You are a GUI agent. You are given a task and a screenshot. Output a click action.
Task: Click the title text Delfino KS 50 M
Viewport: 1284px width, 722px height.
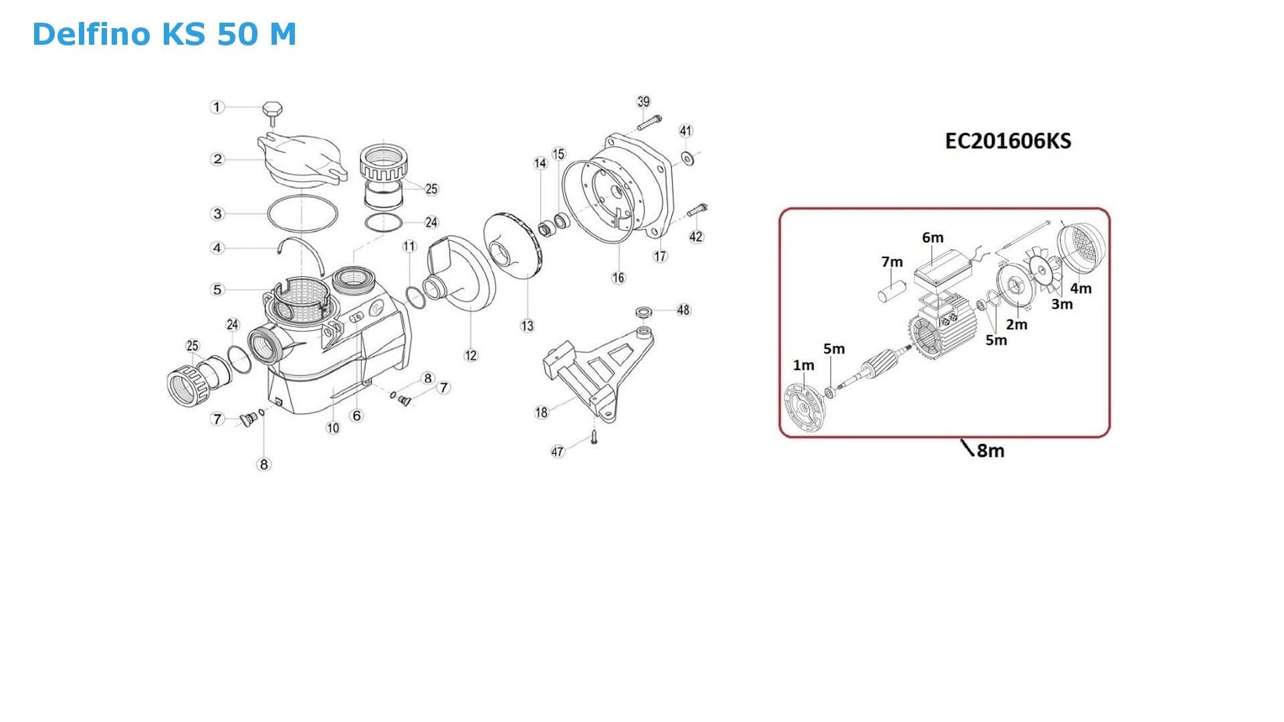164,34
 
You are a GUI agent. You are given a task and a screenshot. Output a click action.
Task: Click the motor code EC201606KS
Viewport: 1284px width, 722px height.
1008,141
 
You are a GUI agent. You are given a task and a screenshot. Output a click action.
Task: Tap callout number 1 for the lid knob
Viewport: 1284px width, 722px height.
216,107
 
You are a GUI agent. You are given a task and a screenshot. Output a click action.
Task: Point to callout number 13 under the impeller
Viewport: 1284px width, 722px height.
527,326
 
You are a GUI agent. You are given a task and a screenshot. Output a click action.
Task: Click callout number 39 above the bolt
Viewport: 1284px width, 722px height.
643,102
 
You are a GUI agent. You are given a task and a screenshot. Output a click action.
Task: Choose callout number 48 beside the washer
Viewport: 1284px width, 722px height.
683,310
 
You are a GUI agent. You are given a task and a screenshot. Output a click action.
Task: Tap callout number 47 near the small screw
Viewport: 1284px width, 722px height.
557,452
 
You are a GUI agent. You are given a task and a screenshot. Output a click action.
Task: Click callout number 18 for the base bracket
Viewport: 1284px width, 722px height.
541,412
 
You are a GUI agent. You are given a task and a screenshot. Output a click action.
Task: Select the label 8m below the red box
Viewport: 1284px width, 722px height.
990,451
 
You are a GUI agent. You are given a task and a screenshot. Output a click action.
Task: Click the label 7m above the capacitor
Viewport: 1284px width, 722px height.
891,262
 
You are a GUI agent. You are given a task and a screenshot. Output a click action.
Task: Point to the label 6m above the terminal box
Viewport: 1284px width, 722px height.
932,237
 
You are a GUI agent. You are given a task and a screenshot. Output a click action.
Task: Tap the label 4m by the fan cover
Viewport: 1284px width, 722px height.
1081,288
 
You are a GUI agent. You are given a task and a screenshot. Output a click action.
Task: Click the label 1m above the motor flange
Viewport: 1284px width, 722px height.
803,365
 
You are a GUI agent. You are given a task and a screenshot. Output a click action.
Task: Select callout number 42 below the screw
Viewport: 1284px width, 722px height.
696,237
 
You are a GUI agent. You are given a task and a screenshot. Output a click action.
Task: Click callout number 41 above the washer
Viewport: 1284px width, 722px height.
685,130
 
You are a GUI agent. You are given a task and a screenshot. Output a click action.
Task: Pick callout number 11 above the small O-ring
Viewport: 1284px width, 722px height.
409,247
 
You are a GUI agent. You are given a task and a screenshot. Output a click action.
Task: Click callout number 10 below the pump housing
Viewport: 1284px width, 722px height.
333,428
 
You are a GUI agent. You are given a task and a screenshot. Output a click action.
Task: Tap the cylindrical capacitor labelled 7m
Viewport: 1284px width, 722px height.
891,293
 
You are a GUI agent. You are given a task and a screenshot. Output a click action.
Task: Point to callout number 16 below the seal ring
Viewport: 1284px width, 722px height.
618,277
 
